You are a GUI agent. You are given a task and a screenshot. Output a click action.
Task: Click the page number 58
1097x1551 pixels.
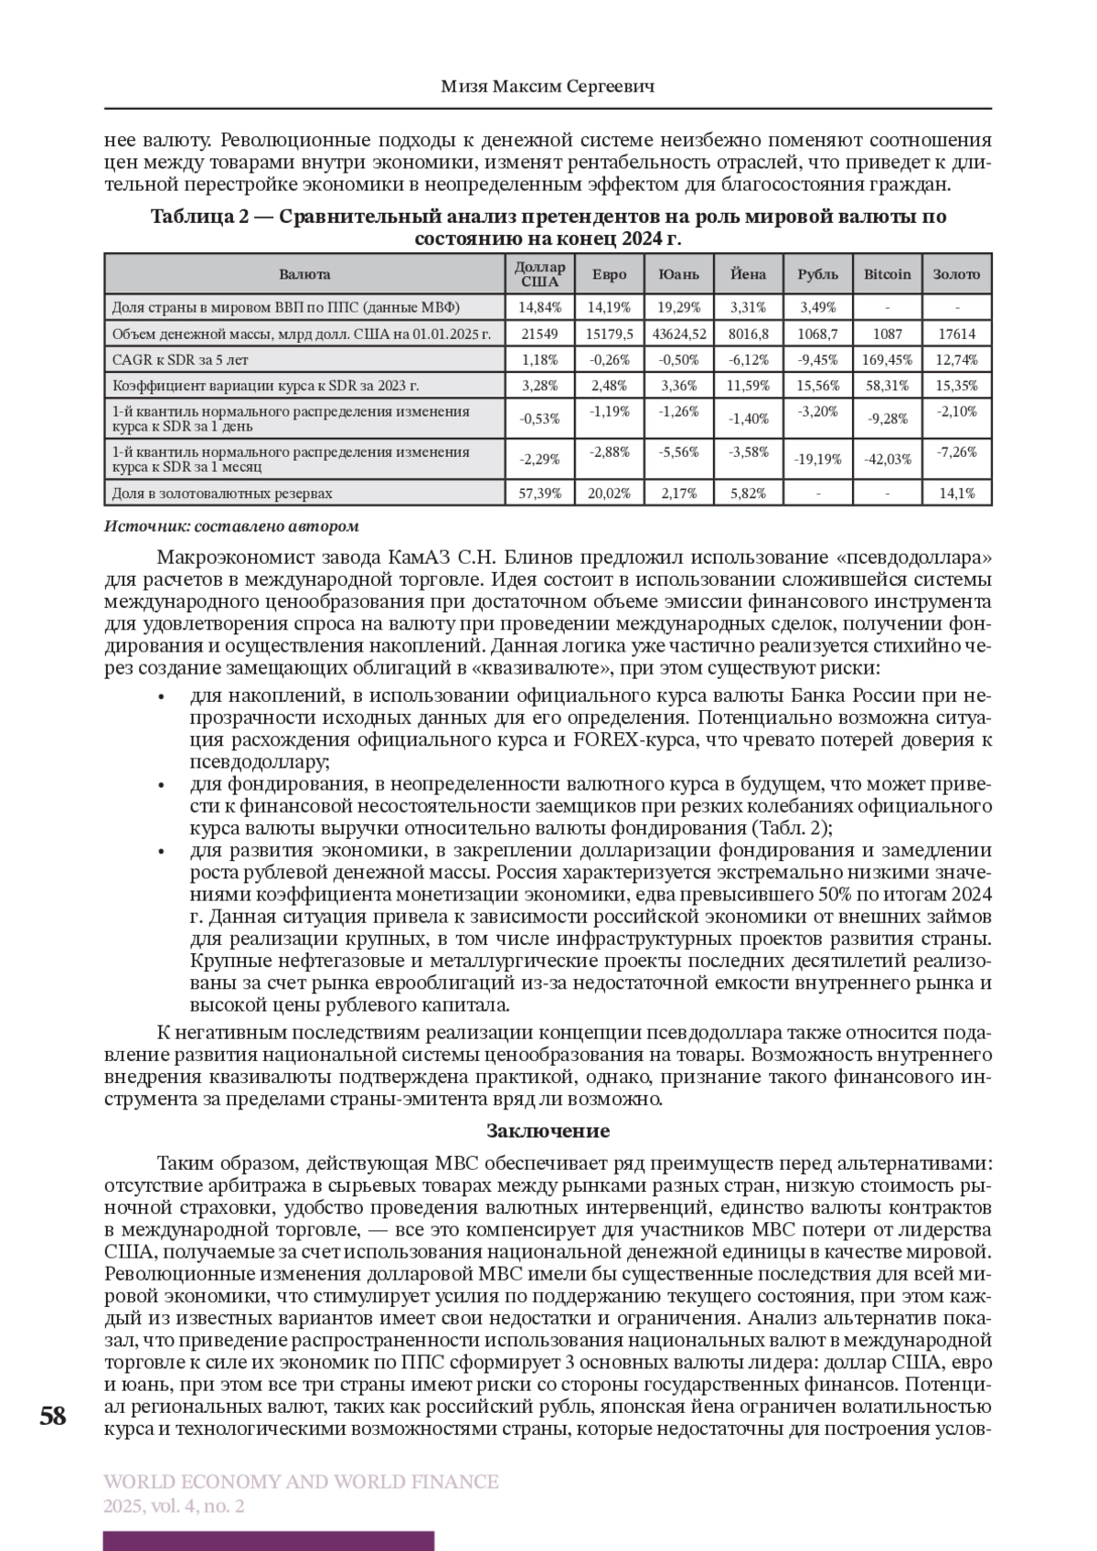pos(53,1418)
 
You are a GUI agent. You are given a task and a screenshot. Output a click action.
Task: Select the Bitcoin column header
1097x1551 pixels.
pos(887,274)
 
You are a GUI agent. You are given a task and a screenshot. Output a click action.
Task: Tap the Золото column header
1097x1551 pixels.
pos(956,274)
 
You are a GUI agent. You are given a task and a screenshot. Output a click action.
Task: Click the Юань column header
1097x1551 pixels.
pos(678,274)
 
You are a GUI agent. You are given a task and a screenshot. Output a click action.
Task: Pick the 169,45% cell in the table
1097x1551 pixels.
pos(887,359)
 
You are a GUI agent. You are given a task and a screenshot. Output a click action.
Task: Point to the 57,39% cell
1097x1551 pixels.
pos(539,494)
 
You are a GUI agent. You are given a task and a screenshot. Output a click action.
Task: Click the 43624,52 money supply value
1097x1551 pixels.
pos(678,334)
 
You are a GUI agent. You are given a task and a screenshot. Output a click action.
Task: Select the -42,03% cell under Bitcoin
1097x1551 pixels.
pos(887,460)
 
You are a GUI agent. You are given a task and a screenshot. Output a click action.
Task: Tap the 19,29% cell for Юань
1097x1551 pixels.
pos(678,307)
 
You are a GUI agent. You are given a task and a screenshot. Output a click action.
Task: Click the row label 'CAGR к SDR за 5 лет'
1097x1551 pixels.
pos(179,359)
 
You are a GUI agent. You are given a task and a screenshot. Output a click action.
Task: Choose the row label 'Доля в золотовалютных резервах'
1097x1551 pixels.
pos(222,494)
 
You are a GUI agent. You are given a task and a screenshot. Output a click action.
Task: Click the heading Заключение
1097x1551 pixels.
pos(548,1131)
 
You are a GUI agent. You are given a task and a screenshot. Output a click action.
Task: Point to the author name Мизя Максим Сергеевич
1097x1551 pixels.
pos(548,87)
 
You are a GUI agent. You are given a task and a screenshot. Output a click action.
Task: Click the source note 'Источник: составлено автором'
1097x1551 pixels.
pos(231,526)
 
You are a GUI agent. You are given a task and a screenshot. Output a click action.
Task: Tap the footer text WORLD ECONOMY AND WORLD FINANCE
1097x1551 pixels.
pos(302,1482)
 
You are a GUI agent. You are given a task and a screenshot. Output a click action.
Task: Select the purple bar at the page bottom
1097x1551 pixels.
pos(269,1541)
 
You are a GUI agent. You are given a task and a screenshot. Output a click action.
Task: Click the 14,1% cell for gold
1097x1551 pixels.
pos(956,494)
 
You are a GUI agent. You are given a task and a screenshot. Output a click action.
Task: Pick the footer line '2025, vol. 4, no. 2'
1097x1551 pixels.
pos(174,1506)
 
